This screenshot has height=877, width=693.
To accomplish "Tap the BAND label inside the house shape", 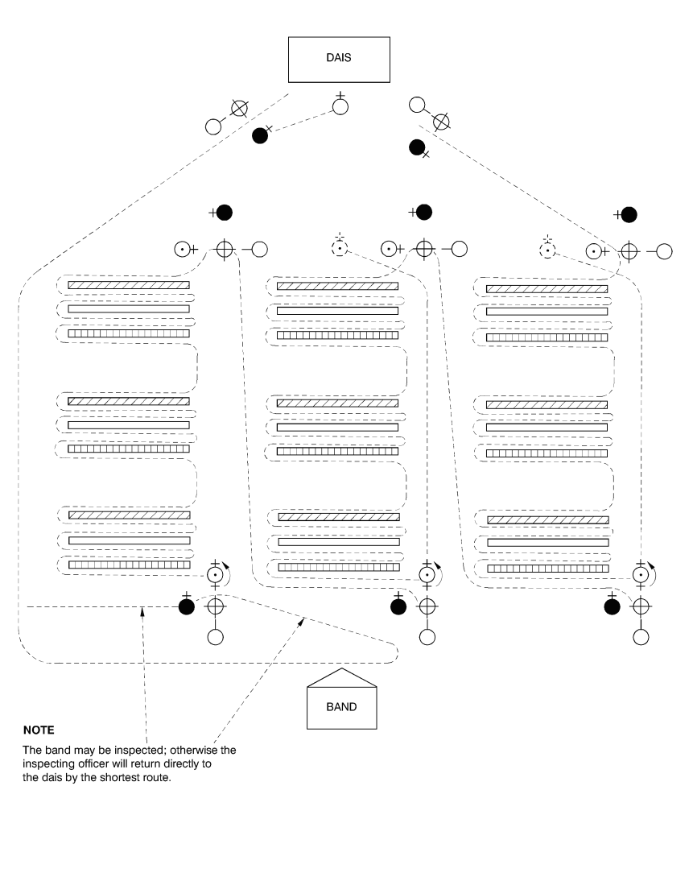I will pos(340,706).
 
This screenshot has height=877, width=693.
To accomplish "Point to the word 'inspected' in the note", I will pos(130,750).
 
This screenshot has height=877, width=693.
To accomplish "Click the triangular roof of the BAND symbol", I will pos(342,678).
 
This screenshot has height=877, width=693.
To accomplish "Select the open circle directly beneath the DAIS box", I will pos(340,106).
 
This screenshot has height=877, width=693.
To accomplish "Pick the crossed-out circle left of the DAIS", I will pos(239,107).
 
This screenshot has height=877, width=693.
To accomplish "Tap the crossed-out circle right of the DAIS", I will pos(440,122).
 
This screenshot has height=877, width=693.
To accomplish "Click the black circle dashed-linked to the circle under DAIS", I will pos(259,135).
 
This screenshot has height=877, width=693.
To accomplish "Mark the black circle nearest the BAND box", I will pos(397,606).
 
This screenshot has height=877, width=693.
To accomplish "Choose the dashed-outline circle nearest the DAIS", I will pos(340,248).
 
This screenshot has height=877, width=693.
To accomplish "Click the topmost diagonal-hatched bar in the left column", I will pos(129,285).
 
